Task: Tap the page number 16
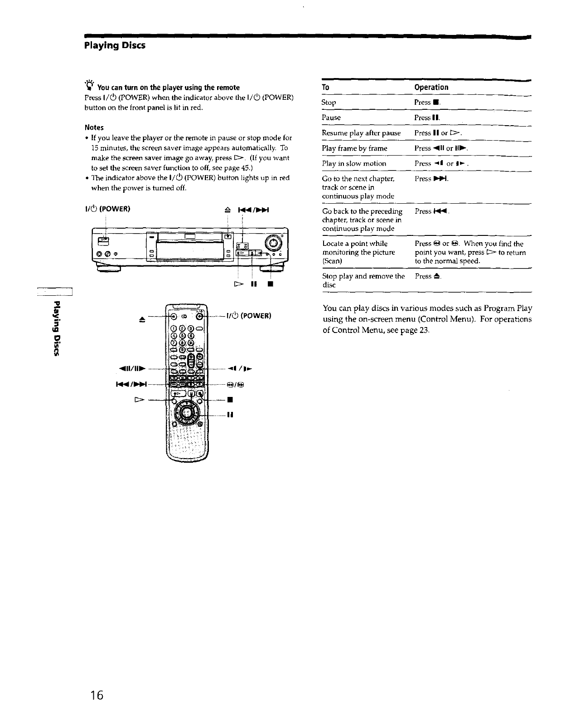pos(97,695)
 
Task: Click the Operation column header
pos(431,88)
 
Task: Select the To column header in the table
pos(325,88)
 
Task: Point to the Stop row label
pos(329,103)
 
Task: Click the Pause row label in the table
pos(331,117)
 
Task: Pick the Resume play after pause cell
pos(361,133)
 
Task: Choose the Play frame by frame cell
pos(354,148)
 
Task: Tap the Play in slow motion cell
pos(354,163)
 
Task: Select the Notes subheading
pos(94,127)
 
